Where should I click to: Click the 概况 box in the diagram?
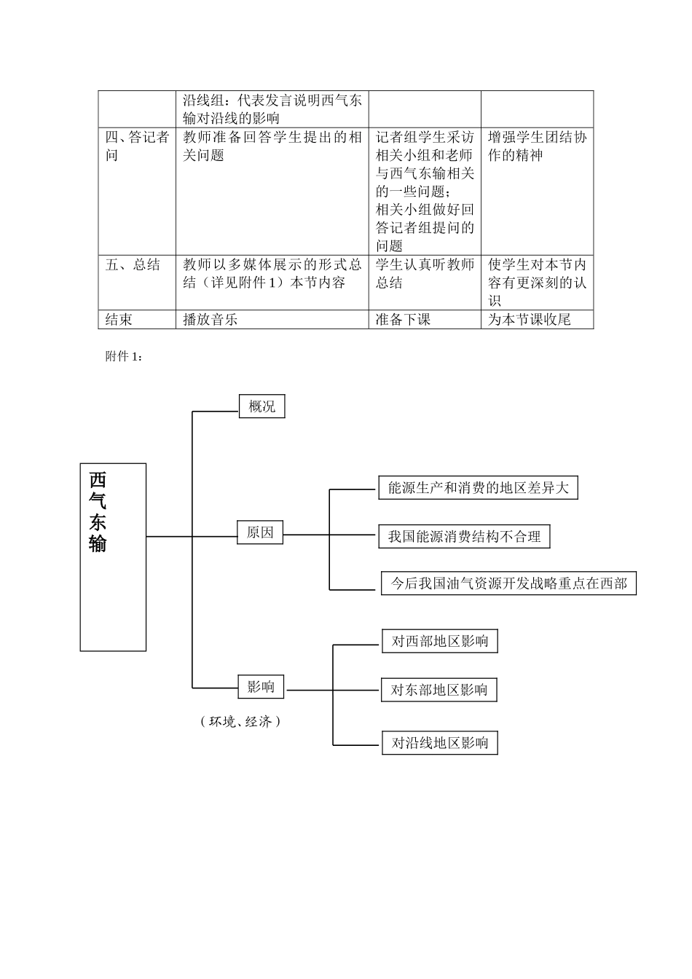click(x=262, y=406)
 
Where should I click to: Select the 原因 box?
click(x=260, y=533)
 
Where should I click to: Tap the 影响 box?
click(x=261, y=686)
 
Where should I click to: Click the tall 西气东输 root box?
click(x=113, y=557)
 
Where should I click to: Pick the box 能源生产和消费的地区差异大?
click(x=478, y=488)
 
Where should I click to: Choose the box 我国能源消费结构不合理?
click(x=464, y=537)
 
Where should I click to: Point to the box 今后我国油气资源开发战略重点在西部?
click(x=508, y=583)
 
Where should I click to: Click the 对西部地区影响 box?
click(x=440, y=642)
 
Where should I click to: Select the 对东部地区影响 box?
click(x=439, y=690)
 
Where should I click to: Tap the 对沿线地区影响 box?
click(x=440, y=743)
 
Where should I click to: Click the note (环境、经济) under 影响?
click(x=240, y=721)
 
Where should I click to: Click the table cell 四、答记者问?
click(x=137, y=146)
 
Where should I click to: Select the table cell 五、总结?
click(x=133, y=265)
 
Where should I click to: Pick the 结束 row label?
click(x=119, y=319)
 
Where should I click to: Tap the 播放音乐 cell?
click(x=211, y=319)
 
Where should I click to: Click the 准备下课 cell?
click(x=403, y=319)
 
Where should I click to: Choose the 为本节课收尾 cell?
click(x=530, y=319)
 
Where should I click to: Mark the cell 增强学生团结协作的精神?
click(x=537, y=146)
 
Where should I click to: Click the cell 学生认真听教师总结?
click(x=425, y=274)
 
